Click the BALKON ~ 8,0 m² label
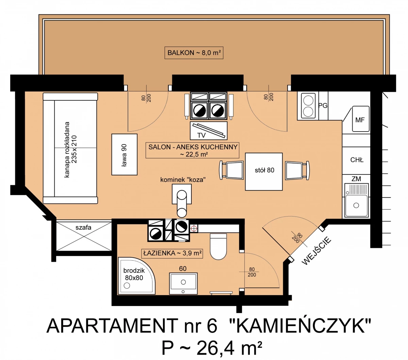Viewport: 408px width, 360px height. coord(194,53)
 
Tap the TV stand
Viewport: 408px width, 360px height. coord(208,131)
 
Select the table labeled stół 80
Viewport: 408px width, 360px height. coord(263,172)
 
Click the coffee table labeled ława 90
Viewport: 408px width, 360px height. coord(124,154)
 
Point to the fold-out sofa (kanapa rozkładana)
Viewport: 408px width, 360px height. coord(70,148)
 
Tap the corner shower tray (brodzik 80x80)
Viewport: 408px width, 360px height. coord(137,276)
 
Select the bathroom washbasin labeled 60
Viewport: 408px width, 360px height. coord(183,284)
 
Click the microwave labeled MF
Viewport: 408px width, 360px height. coord(361,119)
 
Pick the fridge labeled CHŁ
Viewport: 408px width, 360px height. coord(356,160)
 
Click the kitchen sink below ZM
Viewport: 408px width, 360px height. coord(356,200)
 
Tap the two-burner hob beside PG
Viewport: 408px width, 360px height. coord(308,106)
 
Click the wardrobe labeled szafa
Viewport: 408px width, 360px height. coord(84,236)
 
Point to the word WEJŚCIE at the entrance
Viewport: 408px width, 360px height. coord(317,251)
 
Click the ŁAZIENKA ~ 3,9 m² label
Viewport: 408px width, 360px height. coord(172,253)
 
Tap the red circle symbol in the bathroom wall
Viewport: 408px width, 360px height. coord(194,228)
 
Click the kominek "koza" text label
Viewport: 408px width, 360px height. coord(183,179)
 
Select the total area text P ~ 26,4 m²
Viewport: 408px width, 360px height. coord(212,348)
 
